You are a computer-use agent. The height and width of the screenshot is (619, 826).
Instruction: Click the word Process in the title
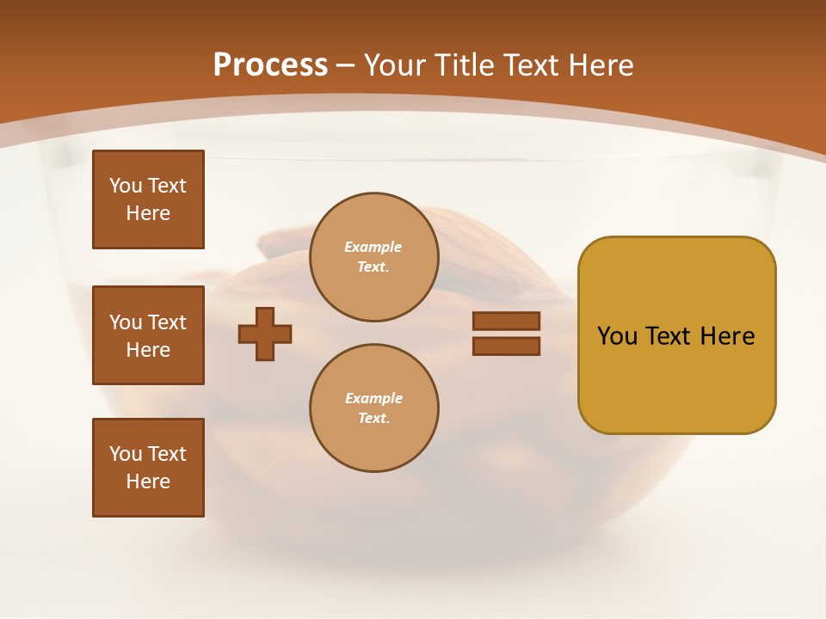point(270,65)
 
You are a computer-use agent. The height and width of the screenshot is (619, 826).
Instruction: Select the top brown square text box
point(148,199)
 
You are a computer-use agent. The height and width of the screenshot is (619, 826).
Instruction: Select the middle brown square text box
point(148,335)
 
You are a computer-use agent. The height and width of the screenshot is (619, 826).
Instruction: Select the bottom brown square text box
point(148,468)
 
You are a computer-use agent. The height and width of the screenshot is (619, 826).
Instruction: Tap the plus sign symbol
point(265,334)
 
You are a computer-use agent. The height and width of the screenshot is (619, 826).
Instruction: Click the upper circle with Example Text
point(374,256)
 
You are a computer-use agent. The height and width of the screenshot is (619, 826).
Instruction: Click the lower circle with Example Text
point(374,408)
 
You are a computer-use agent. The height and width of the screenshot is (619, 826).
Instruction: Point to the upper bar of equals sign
point(506,321)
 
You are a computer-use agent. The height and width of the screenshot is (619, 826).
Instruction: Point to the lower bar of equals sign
point(506,346)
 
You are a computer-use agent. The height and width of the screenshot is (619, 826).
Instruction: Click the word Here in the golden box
point(727,336)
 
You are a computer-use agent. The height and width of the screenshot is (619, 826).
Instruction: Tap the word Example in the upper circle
point(373,247)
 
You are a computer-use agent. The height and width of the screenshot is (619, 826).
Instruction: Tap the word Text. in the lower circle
point(373,419)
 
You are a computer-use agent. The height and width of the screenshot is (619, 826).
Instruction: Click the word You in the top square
point(125,186)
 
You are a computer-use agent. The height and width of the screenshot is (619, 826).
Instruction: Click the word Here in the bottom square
point(148,481)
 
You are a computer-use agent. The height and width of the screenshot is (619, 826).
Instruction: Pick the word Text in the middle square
point(167,322)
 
